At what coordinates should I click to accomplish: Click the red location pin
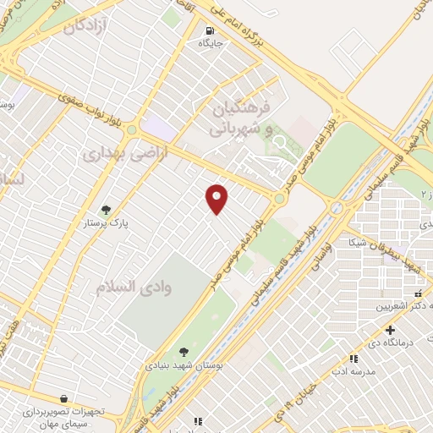[218, 198]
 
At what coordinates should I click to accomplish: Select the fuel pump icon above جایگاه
[206, 25]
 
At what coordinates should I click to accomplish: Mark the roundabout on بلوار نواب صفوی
[131, 130]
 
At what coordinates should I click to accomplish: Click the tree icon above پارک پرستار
[106, 210]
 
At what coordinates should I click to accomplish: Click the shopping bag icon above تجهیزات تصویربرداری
[64, 397]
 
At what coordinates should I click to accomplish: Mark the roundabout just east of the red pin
[278, 199]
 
